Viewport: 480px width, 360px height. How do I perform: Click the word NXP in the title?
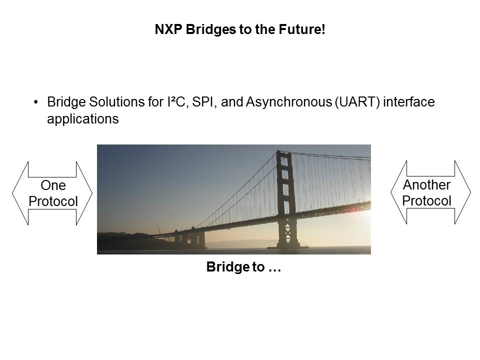click(168, 29)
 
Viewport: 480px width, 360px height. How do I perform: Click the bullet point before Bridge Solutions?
click(36, 102)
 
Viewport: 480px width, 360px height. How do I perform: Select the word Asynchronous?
click(289, 102)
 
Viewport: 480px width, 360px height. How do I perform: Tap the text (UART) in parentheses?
click(357, 102)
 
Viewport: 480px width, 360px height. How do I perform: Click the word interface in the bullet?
click(409, 102)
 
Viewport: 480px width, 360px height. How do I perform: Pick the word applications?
click(82, 119)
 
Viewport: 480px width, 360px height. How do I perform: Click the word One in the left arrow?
click(53, 185)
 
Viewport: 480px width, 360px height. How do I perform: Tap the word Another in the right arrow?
click(426, 185)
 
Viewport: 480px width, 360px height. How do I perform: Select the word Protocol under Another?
click(426, 201)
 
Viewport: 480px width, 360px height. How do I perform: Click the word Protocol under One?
click(53, 201)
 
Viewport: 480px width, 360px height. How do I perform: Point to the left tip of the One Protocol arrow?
click(12, 193)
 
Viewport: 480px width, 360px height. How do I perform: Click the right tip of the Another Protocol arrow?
click(471, 192)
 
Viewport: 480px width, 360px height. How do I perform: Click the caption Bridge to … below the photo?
click(243, 267)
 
